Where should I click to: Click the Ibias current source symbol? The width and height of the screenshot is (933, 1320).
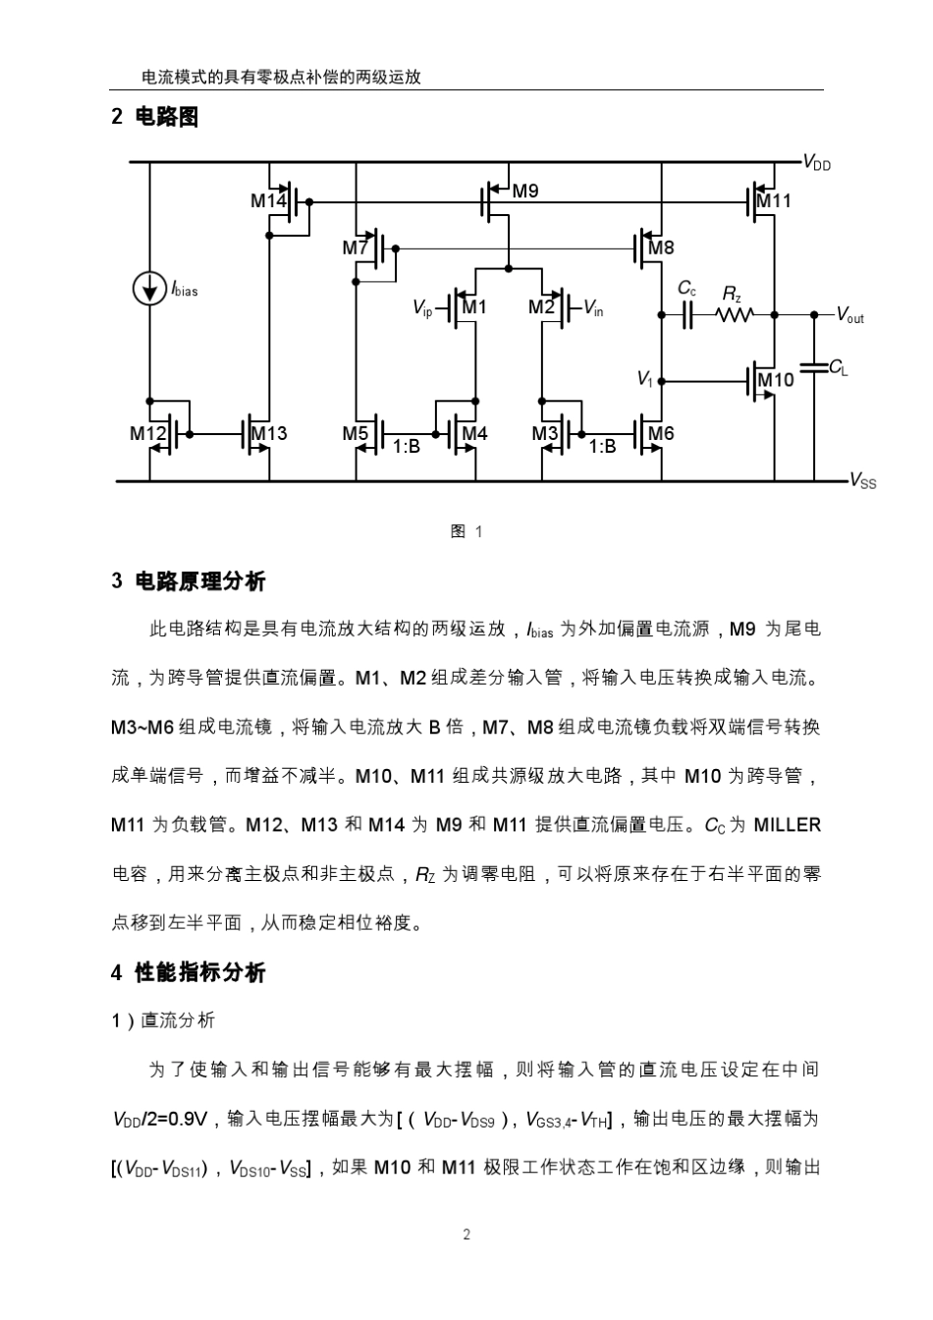[x=149, y=289]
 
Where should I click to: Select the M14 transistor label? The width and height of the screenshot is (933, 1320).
[x=267, y=201]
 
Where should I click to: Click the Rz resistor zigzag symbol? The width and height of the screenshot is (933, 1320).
[x=735, y=314]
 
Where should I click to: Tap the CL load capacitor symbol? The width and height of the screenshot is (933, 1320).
[x=814, y=368]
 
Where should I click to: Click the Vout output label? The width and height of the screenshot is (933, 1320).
[x=850, y=316]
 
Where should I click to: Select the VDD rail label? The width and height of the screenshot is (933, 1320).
[x=816, y=164]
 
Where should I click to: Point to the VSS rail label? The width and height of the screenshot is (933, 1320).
[x=862, y=481]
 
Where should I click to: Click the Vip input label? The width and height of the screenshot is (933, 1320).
[x=422, y=308]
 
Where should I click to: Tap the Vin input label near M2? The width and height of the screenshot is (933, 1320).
[x=593, y=308]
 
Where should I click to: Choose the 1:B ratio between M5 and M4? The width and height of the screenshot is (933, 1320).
[x=407, y=446]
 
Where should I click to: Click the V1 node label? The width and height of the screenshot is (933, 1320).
[x=644, y=379]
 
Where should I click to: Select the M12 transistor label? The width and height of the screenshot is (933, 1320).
[x=147, y=432]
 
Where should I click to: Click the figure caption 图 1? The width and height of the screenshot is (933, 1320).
[x=466, y=531]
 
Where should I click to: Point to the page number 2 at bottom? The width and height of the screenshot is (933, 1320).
[x=466, y=1234]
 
